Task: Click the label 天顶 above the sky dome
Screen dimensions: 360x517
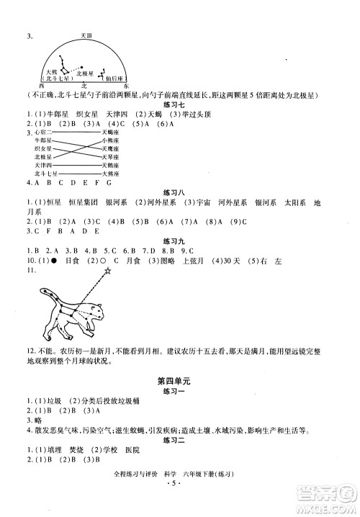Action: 86,34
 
